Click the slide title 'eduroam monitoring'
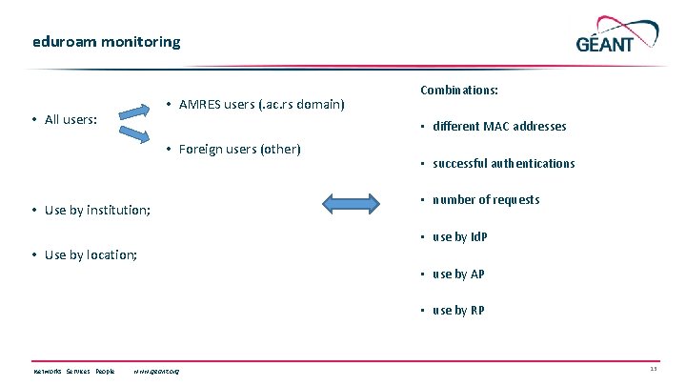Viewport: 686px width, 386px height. point(105,42)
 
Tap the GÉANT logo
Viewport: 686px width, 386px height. point(617,35)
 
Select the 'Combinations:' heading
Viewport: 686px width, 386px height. point(459,91)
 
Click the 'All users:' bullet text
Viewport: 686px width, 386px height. point(75,119)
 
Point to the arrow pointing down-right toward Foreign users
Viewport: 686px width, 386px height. point(135,135)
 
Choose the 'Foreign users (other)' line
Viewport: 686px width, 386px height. point(239,149)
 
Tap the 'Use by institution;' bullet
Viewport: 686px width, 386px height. point(96,210)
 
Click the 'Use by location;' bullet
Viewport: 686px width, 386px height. point(90,254)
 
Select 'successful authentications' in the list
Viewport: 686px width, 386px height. point(503,163)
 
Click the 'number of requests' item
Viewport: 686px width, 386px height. point(485,199)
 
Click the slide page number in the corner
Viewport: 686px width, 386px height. point(653,370)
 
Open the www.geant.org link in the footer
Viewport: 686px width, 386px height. point(157,371)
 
